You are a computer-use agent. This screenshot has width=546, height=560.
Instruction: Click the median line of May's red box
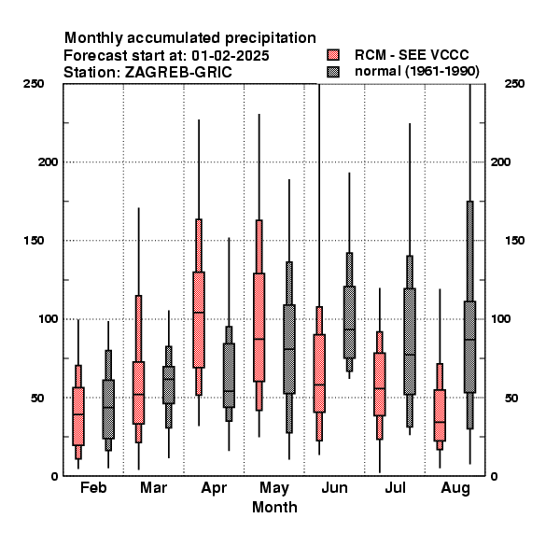click(x=259, y=339)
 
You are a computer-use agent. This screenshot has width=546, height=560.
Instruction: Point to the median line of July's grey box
click(x=410, y=355)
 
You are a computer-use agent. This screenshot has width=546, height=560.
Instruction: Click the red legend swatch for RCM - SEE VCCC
click(x=333, y=55)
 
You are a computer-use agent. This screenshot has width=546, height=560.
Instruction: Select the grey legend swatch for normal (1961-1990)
click(x=333, y=72)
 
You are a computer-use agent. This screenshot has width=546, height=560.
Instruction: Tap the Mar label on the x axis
click(x=154, y=487)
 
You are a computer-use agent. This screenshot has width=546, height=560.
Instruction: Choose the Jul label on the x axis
click(x=395, y=487)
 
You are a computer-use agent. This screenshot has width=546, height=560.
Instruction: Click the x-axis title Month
click(x=274, y=507)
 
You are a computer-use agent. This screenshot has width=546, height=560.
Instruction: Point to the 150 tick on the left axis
click(x=34, y=241)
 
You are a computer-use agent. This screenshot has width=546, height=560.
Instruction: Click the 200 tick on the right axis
click(x=500, y=161)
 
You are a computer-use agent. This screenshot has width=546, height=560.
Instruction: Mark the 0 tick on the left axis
click(x=54, y=476)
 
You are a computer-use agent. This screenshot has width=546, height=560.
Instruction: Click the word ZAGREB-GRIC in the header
click(x=178, y=73)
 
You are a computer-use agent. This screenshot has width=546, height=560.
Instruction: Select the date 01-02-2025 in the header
click(x=231, y=56)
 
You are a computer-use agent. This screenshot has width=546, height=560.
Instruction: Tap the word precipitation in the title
click(x=271, y=38)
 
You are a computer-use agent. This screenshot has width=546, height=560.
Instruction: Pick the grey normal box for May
click(x=289, y=349)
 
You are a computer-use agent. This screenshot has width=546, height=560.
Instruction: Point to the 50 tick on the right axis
click(x=511, y=398)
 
